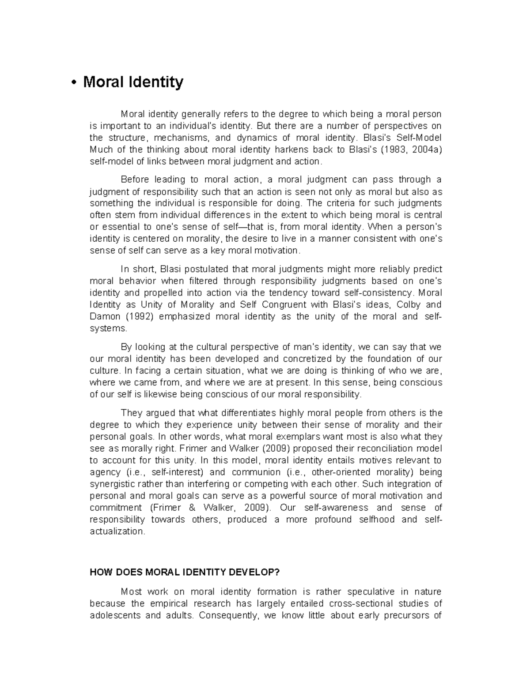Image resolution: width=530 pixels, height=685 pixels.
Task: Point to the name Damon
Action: pos(105,317)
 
